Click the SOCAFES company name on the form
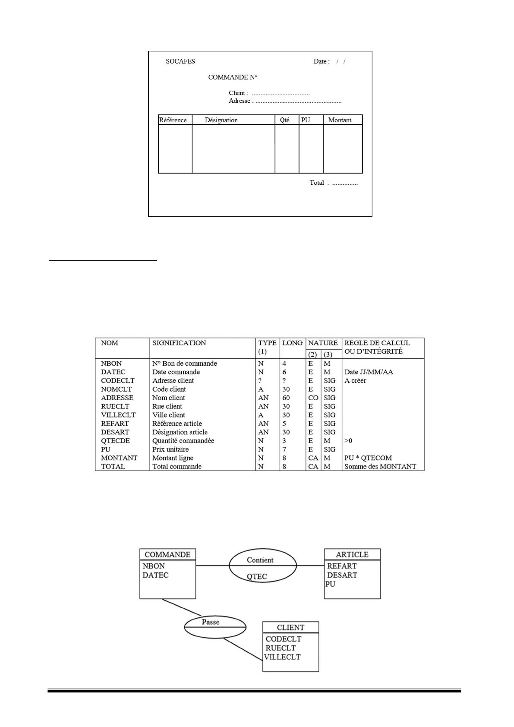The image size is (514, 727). pos(180,61)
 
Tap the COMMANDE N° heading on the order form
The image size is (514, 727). pos(233,77)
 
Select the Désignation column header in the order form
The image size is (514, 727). pos(221,120)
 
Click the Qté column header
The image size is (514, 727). pos(284,120)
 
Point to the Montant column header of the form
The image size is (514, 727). pos(340,120)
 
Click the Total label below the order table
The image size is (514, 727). pos(317,183)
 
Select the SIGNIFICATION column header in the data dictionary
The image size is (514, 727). pos(179,343)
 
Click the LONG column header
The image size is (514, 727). pos(292,343)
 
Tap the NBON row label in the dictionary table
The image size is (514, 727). pos(111,363)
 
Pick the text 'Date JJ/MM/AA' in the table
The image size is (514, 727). pos(369,372)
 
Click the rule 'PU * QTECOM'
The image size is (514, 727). pos(368,458)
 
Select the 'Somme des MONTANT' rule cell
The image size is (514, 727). pos(380,467)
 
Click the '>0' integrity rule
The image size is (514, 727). pos(348,441)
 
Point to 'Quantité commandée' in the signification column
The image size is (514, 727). pos(183,441)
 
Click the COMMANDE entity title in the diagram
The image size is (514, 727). pos(167,555)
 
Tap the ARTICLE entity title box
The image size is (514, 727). pos(352,555)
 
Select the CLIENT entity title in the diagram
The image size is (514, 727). pos(290,628)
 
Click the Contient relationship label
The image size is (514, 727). pos(260,560)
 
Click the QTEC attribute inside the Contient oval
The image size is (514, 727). pos(257,576)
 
